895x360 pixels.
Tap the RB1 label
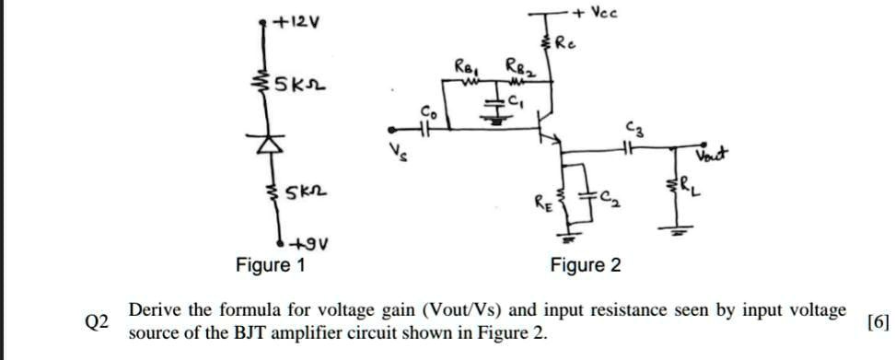click(x=465, y=66)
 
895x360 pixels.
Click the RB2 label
click(x=515, y=66)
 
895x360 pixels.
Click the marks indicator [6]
click(x=878, y=321)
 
